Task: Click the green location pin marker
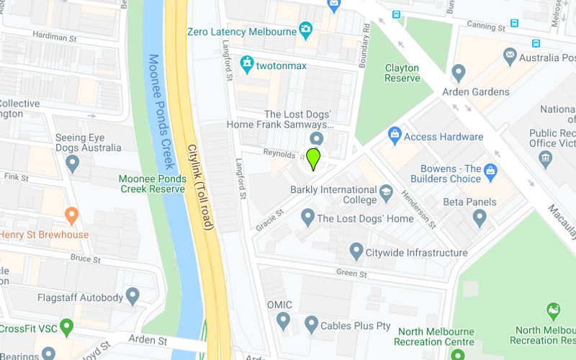[x=313, y=158]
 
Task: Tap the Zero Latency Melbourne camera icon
[x=306, y=32]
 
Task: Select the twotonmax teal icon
[x=248, y=65]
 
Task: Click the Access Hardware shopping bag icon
[x=394, y=135]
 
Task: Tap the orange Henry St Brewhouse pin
[x=71, y=215]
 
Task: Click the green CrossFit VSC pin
[x=67, y=328]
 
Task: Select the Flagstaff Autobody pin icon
[x=132, y=295]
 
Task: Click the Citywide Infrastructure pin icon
[x=356, y=251]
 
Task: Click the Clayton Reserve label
[x=402, y=73]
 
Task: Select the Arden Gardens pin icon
[x=459, y=72]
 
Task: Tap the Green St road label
[x=353, y=274]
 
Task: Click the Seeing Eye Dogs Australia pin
[x=71, y=164]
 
